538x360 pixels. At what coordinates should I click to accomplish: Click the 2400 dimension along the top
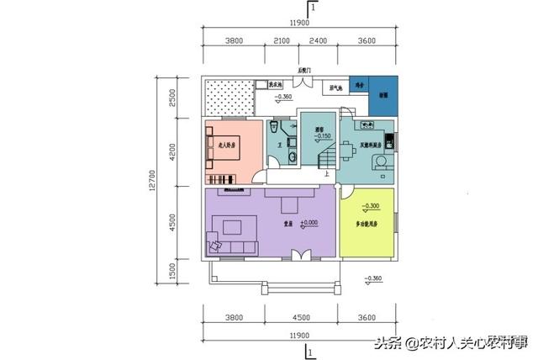coord(319,40)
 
